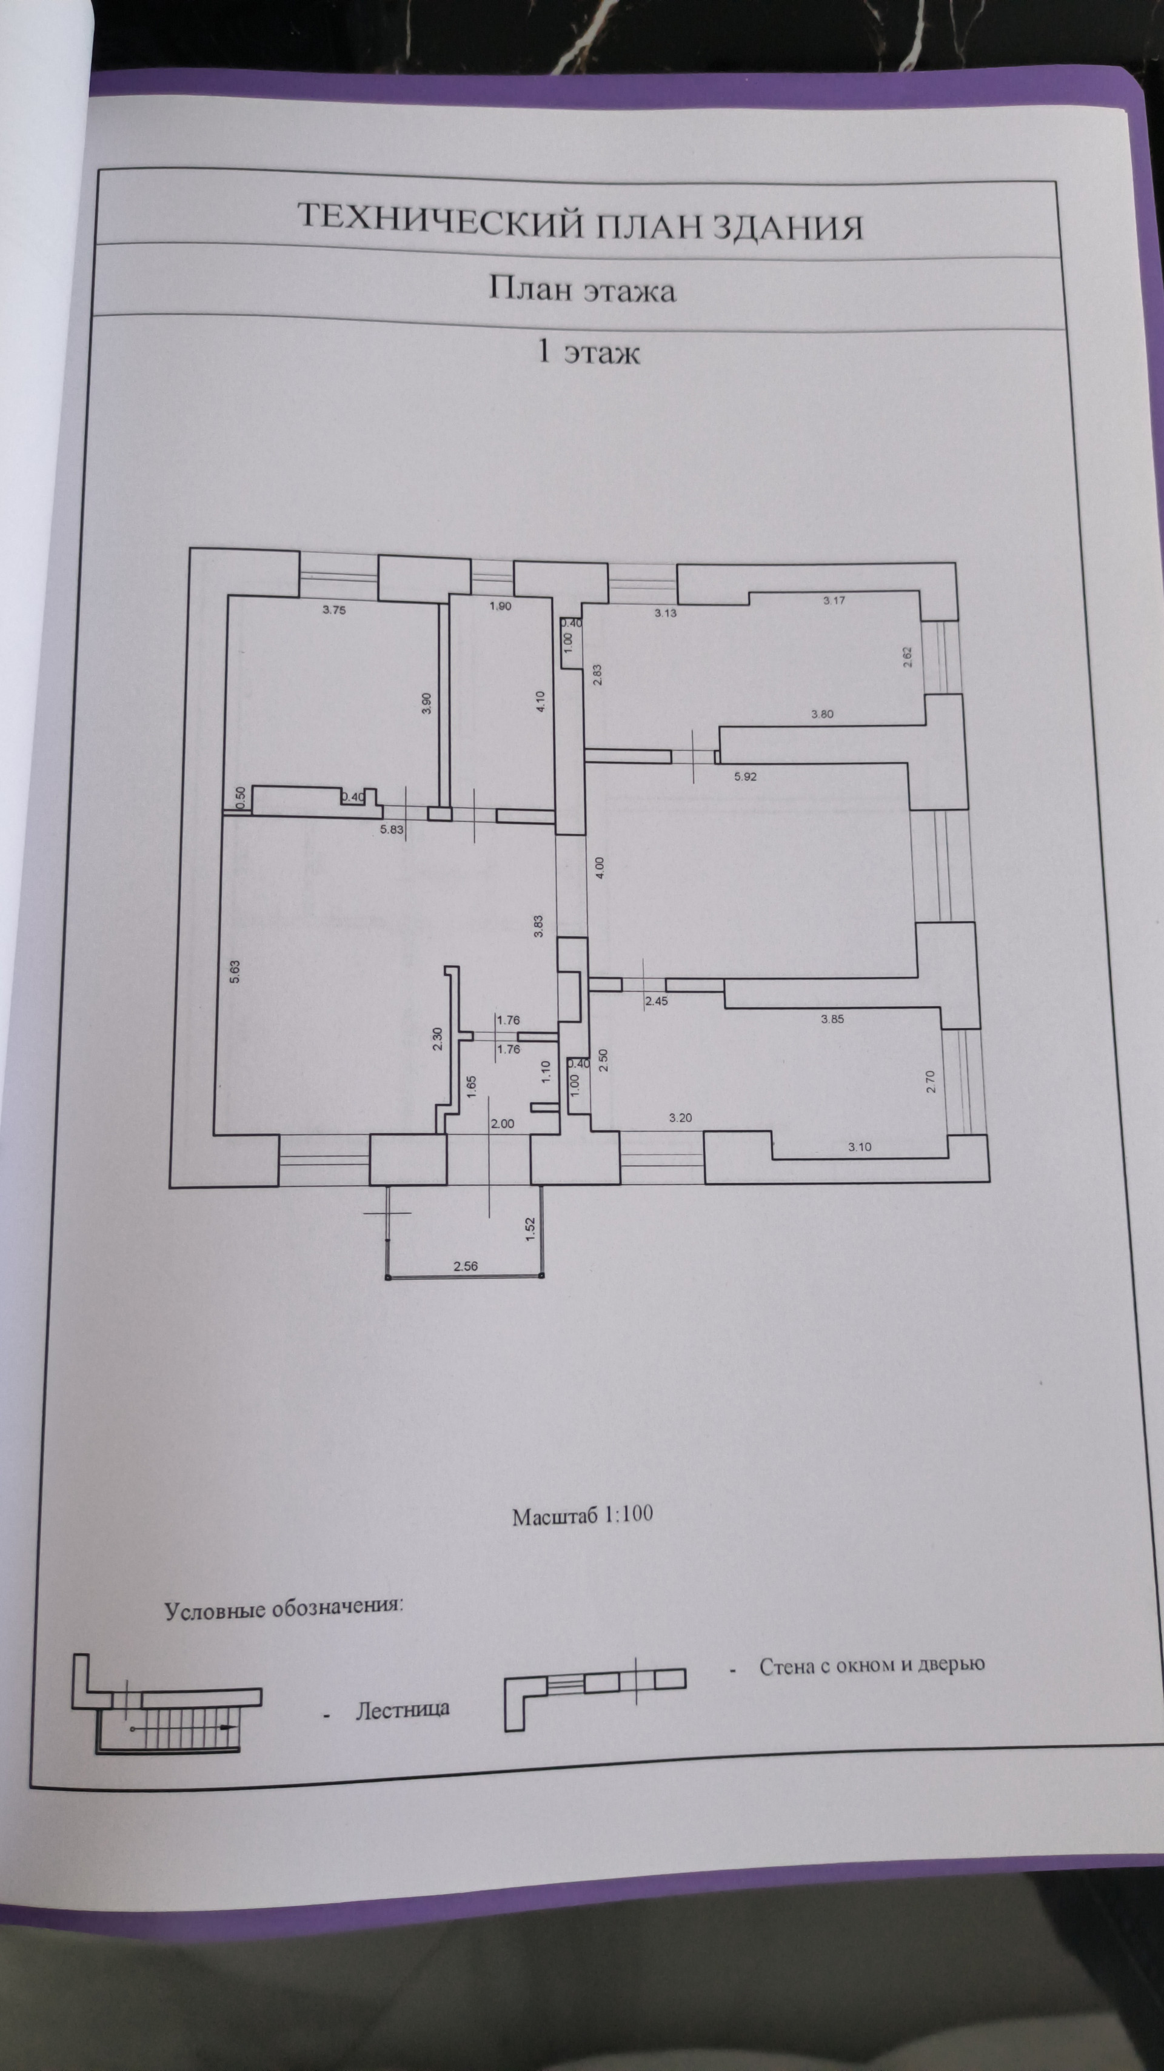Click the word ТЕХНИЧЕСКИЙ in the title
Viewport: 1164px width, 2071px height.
pyautogui.click(x=439, y=221)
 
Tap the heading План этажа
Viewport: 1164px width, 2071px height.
pyautogui.click(x=582, y=289)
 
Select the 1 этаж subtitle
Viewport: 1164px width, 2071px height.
pyautogui.click(x=589, y=353)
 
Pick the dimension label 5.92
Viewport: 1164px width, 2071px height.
pyautogui.click(x=745, y=777)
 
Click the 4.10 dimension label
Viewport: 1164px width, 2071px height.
pyautogui.click(x=541, y=702)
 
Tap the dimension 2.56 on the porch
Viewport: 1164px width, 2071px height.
pyautogui.click(x=466, y=1266)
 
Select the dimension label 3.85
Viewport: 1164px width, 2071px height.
pyautogui.click(x=832, y=1019)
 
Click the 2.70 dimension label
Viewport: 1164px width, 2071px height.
pyautogui.click(x=931, y=1080)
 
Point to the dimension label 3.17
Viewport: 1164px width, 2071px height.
pyautogui.click(x=834, y=600)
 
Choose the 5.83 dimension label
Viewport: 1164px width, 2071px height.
pyautogui.click(x=392, y=830)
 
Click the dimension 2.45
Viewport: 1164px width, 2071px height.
pyautogui.click(x=656, y=1002)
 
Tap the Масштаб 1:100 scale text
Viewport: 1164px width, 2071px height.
pyautogui.click(x=582, y=1516)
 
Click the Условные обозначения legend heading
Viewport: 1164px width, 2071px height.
pyautogui.click(x=284, y=1609)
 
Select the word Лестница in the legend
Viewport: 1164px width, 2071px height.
pyautogui.click(x=402, y=1708)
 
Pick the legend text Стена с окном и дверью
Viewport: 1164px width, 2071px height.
pyautogui.click(x=871, y=1665)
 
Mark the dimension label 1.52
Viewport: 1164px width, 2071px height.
pyautogui.click(x=530, y=1230)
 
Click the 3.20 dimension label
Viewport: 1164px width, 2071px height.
pyautogui.click(x=680, y=1117)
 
